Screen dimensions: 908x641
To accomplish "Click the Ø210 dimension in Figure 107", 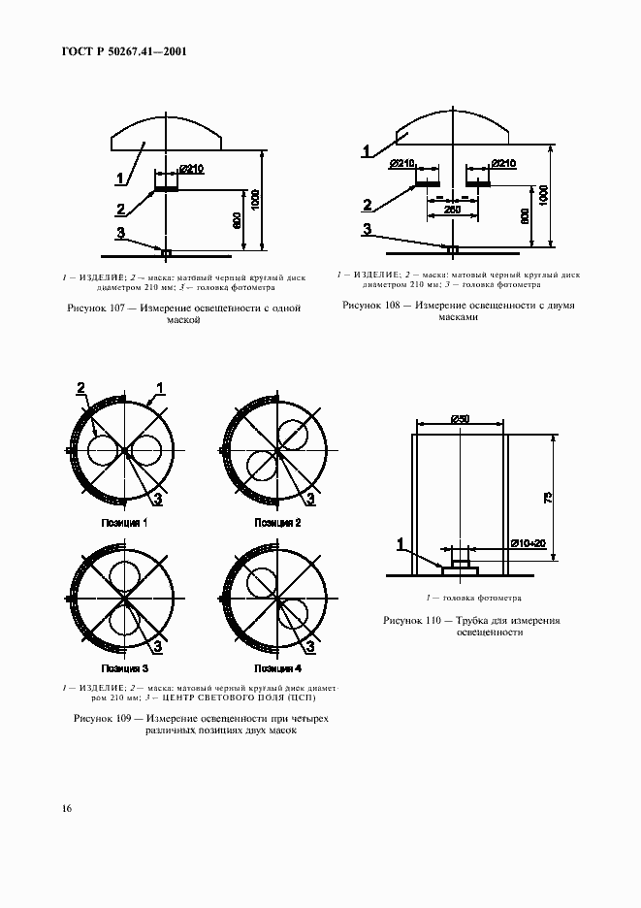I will coord(191,170).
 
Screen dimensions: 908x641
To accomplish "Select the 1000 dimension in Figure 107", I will coord(254,200).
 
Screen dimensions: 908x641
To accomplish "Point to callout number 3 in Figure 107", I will coord(120,232).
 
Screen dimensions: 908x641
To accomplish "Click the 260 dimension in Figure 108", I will coord(451,209).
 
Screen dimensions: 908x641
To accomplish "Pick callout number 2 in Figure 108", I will coord(368,204).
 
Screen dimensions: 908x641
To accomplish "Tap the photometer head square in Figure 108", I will coord(451,250).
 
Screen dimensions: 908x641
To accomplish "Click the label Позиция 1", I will coord(125,523).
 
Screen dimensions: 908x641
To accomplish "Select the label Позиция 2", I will coord(277,523).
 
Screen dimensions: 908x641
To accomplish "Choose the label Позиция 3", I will coord(125,669).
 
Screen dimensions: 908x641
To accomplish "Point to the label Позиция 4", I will coord(277,669).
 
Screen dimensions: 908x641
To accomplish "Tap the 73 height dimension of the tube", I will coord(548,498).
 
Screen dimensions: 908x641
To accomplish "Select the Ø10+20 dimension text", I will coord(528,543).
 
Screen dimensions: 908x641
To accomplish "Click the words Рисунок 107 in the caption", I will coord(97,308).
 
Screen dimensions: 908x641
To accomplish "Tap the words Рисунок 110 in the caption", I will coord(412,619).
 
